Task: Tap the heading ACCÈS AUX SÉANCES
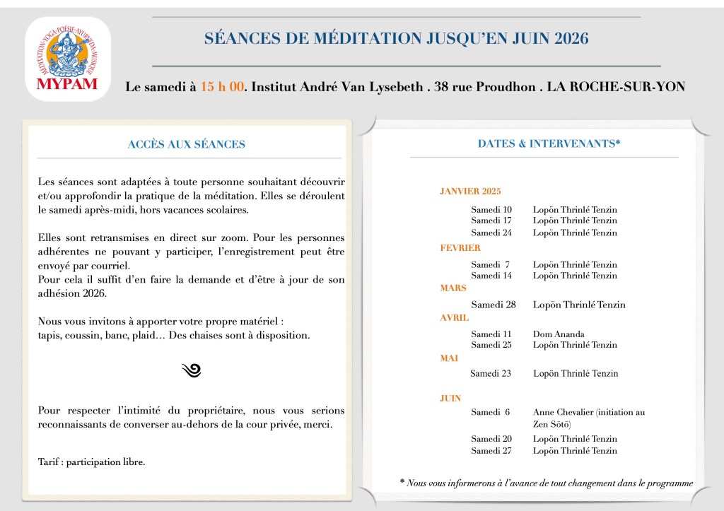point(186,144)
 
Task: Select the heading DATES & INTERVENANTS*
point(549,143)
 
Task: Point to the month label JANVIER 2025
point(470,191)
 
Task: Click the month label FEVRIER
point(460,248)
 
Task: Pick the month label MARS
point(452,288)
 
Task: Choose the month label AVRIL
point(455,318)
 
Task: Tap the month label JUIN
point(451,399)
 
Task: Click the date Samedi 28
point(494,305)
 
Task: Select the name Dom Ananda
point(559,334)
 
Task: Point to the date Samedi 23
point(491,373)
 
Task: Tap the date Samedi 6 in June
point(491,412)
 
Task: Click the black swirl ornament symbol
point(192,370)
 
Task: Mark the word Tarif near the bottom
point(49,462)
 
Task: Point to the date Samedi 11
point(491,334)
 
